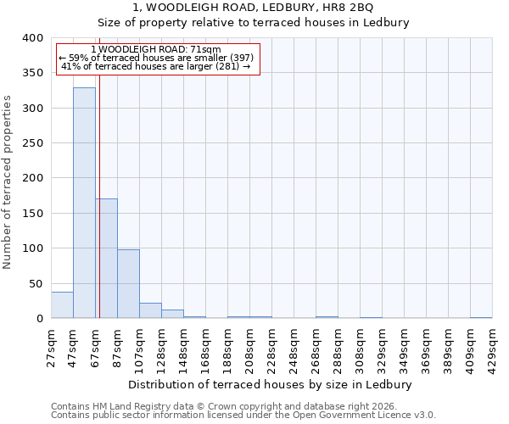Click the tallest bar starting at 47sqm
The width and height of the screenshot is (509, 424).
click(x=84, y=204)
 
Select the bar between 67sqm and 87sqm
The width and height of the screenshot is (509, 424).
click(x=106, y=259)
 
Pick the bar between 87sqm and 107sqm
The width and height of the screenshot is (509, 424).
click(x=128, y=284)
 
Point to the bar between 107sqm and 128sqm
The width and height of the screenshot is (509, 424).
click(x=150, y=310)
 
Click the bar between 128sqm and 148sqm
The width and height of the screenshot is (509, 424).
click(x=172, y=314)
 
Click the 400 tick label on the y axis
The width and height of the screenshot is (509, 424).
click(x=32, y=38)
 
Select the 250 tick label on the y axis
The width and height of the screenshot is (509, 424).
click(x=32, y=143)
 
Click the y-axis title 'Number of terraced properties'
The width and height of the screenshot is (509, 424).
click(x=8, y=181)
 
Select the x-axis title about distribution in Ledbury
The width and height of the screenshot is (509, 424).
click(x=271, y=384)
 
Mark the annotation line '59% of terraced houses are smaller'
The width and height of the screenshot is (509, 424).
click(x=156, y=58)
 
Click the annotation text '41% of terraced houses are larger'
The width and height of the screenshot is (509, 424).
click(x=156, y=66)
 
